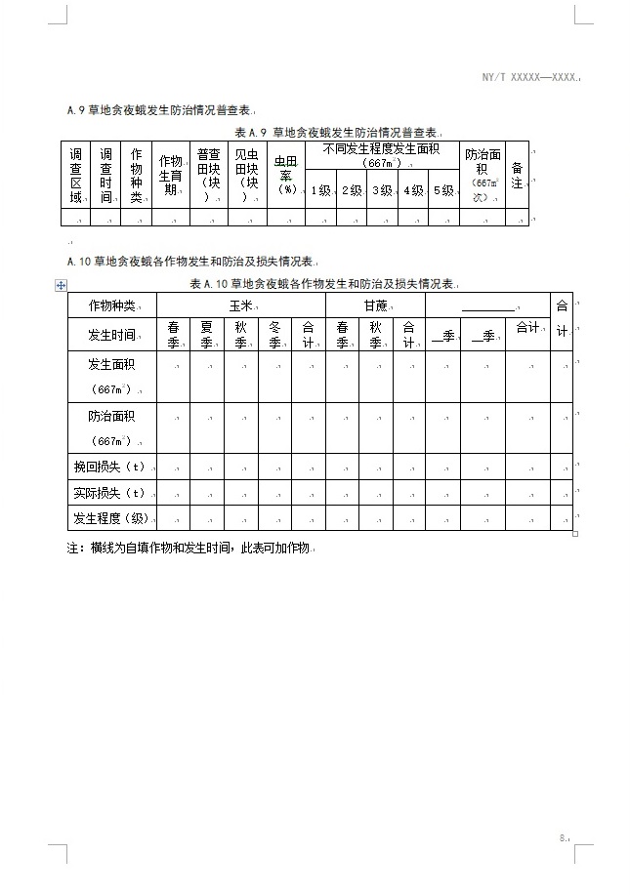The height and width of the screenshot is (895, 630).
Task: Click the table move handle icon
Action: (62, 284)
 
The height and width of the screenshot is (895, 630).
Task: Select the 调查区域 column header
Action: (75, 176)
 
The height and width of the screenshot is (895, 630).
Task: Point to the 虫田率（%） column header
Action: (285, 176)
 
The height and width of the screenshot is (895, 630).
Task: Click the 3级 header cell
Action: (381, 190)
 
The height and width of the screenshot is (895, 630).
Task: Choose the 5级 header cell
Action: (443, 190)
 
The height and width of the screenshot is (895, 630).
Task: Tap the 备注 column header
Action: (517, 176)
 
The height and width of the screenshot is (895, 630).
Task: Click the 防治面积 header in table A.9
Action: (482, 176)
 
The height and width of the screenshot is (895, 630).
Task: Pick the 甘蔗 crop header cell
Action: (375, 305)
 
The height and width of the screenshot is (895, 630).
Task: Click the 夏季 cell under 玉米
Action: (206, 335)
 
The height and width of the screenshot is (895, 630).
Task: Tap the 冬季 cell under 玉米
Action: (274, 335)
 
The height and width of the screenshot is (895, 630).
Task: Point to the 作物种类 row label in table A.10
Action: (111, 305)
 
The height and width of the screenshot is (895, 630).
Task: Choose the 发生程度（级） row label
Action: (111, 517)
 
